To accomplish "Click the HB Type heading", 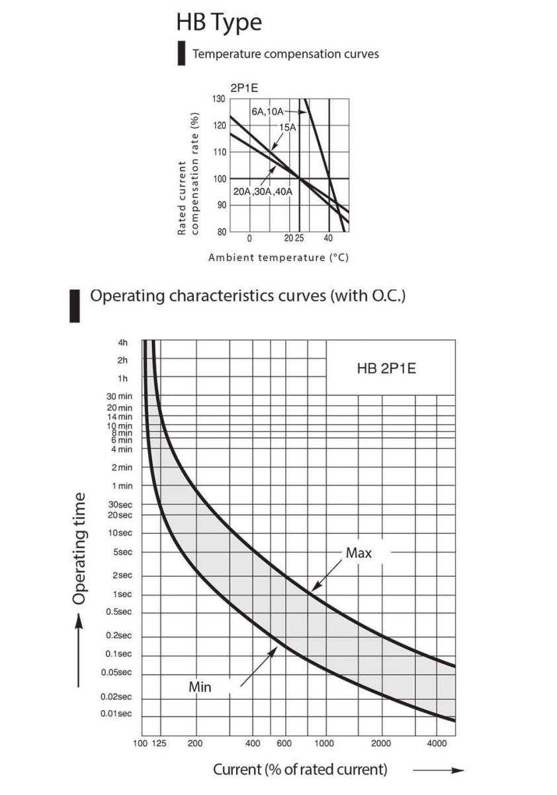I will pos(218,22).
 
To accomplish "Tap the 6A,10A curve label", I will pos(267,111).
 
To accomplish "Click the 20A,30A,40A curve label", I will pos(263,191).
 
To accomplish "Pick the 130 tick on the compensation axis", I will pos(218,99).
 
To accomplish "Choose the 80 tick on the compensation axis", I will pos(220,232).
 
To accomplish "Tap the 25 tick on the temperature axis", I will pos(299,238).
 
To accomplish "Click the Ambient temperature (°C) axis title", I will pos(278,257).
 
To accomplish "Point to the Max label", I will pos(359,553).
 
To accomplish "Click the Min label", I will pos(200,687).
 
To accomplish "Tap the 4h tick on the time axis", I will pos(122,343).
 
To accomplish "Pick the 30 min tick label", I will pos(120,396).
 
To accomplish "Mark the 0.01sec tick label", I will pos(116,714).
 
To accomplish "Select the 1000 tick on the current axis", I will pos(325,743).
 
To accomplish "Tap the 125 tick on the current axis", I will pos(159,743).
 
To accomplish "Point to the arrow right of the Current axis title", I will pos(439,770).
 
